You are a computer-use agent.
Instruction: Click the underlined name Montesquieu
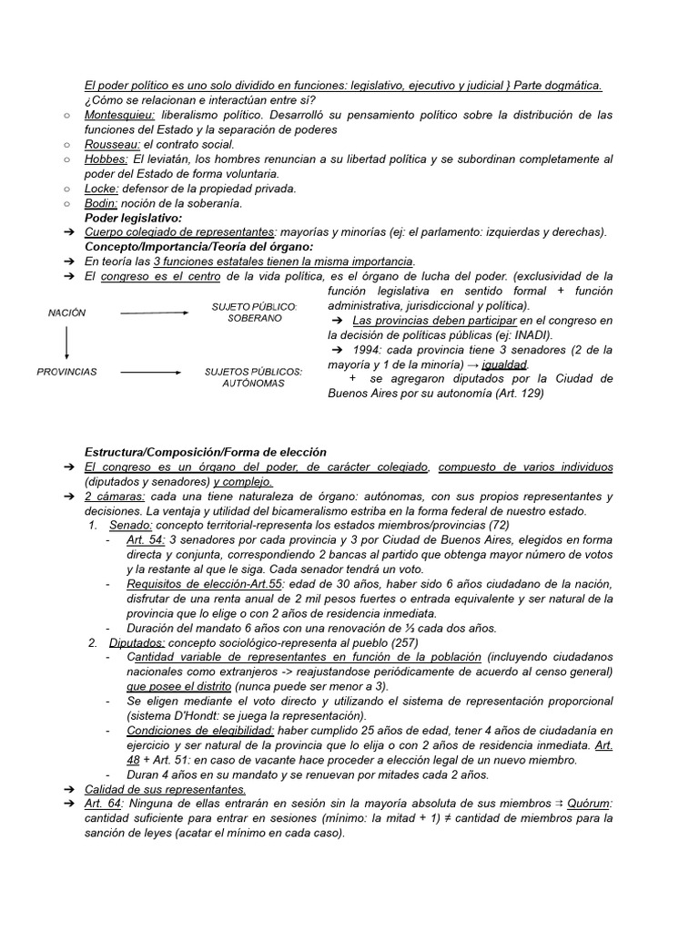(119, 116)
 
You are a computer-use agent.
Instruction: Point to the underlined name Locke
(102, 189)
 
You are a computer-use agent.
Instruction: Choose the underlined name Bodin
(101, 203)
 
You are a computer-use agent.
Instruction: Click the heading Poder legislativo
(133, 218)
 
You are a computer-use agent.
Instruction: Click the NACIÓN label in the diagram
(67, 313)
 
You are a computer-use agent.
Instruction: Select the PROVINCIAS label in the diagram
(66, 372)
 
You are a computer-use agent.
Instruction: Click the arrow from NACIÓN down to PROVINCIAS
(67, 343)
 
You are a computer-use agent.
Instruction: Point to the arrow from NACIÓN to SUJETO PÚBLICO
(154, 313)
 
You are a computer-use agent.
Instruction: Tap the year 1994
(363, 350)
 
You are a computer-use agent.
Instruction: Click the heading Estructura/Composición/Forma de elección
(206, 453)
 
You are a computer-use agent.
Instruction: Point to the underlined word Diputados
(137, 643)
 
